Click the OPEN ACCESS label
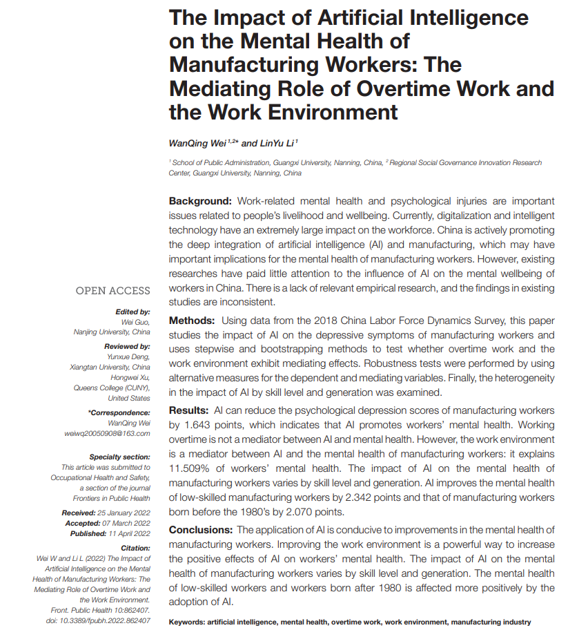tap(112, 291)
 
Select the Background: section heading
tap(201, 201)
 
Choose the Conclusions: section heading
tap(201, 530)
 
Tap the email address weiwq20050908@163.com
tap(107, 433)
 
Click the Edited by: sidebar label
tap(133, 312)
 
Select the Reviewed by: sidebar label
tap(127, 346)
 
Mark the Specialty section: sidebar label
tap(119, 457)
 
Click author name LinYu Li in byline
tap(275, 143)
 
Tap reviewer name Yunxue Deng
tap(128, 357)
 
